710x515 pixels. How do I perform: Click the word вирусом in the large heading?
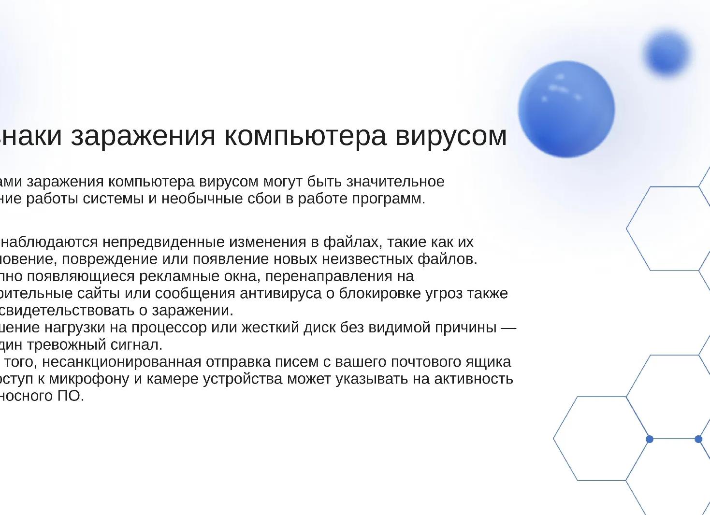(x=451, y=136)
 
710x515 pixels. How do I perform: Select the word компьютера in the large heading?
(x=305, y=136)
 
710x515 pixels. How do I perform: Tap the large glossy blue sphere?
(x=566, y=109)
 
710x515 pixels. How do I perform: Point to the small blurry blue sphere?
(x=667, y=53)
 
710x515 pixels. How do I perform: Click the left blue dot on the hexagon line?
(x=649, y=439)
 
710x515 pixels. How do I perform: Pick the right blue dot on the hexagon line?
(x=698, y=439)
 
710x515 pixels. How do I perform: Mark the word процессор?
(x=173, y=328)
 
